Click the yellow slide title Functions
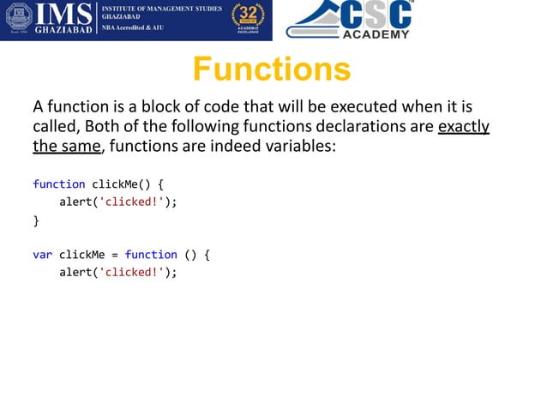click(271, 69)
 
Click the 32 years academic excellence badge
click(248, 20)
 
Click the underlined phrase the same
click(67, 148)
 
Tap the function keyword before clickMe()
click(58, 184)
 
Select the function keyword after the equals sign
click(151, 255)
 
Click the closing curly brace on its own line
click(36, 220)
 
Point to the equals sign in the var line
click(115, 255)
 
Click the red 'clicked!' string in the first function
click(130, 202)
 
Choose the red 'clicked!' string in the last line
click(130, 273)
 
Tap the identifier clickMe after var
click(81, 255)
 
